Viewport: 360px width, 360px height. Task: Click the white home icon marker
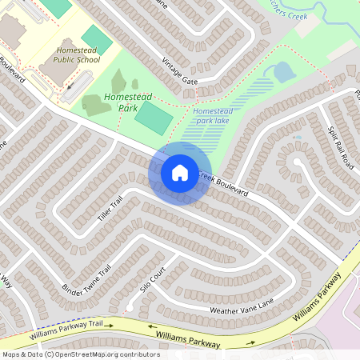click(x=179, y=172)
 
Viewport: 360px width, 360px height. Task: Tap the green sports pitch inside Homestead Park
click(x=152, y=118)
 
